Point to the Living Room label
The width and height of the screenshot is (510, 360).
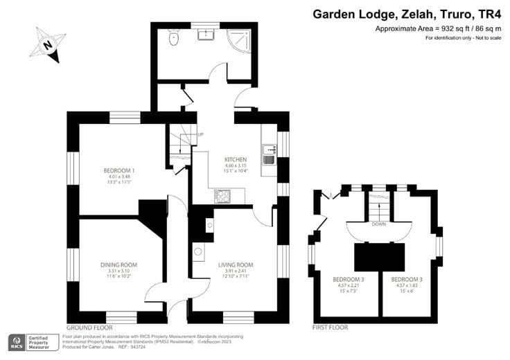click(x=236, y=264)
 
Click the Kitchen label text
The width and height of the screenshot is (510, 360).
click(x=226, y=159)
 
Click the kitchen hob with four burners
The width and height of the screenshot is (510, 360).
click(x=223, y=196)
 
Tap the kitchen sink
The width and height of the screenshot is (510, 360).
click(x=269, y=154)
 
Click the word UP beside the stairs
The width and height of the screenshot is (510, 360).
click(x=200, y=134)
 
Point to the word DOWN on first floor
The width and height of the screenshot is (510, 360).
click(x=378, y=224)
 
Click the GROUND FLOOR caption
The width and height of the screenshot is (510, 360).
click(x=89, y=327)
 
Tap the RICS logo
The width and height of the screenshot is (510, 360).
click(x=15, y=342)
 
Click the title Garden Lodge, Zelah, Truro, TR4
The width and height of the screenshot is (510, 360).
click(x=409, y=13)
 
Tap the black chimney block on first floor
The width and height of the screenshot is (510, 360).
click(x=379, y=256)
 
